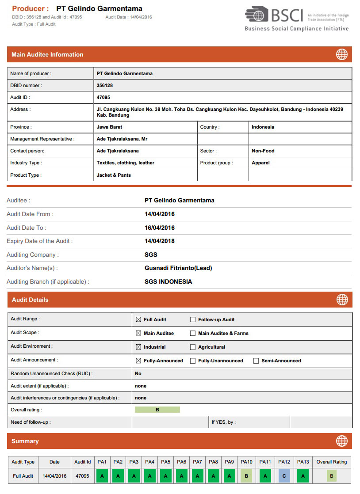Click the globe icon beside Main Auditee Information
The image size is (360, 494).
[342, 54]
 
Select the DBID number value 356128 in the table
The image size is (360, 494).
[105, 86]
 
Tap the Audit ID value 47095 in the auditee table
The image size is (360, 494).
[103, 97]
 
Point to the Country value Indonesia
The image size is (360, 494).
[263, 127]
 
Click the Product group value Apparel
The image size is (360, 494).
[260, 163]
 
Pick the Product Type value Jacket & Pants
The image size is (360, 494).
[113, 175]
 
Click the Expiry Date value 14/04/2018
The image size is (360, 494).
[160, 241]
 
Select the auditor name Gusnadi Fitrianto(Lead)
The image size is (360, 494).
[178, 268]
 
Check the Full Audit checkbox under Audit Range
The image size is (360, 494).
[138, 319]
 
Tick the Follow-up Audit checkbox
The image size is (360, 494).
[193, 319]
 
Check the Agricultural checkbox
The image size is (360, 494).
[193, 347]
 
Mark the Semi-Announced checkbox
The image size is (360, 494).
[256, 361]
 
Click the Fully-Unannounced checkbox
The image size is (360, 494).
[193, 361]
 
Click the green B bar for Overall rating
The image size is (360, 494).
[157, 410]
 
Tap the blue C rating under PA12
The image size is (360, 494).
[284, 476]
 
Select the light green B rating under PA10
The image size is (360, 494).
[246, 476]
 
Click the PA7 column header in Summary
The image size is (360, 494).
[198, 462]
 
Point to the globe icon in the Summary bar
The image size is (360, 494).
[342, 441]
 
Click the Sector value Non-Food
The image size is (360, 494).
[263, 151]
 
